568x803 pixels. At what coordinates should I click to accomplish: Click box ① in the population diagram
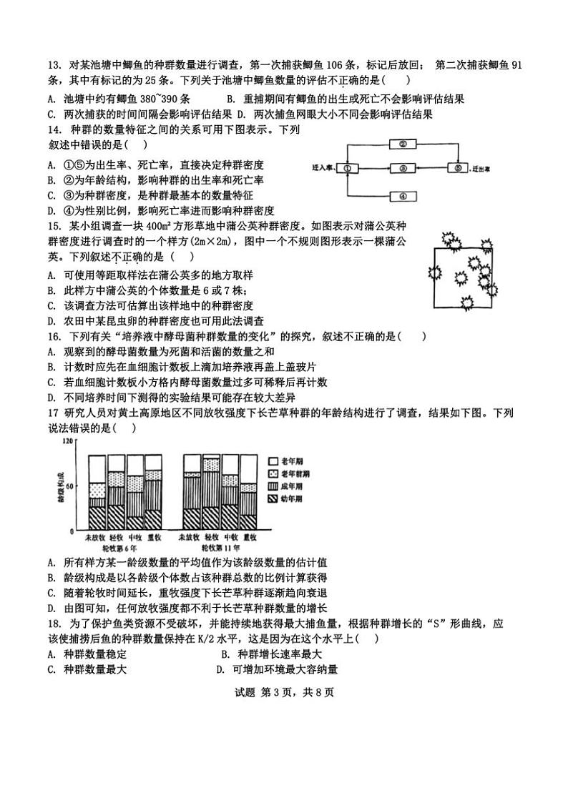click(347, 169)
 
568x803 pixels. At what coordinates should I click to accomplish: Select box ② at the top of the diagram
click(403, 144)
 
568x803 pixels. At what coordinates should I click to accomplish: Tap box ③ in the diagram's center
click(403, 169)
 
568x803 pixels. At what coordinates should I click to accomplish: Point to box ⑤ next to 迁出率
click(457, 169)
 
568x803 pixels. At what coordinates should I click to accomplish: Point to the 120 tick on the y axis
click(69, 441)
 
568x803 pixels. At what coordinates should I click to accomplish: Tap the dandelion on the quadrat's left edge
click(432, 272)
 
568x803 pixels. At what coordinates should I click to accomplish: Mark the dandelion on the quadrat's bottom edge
click(470, 304)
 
